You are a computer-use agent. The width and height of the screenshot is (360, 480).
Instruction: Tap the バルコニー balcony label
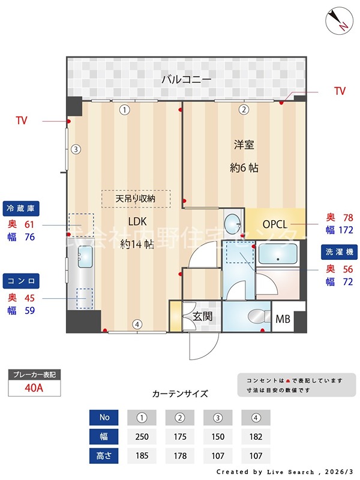(185, 80)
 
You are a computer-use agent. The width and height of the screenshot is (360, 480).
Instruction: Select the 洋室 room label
(244, 145)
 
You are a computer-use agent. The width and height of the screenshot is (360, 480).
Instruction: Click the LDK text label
(137, 221)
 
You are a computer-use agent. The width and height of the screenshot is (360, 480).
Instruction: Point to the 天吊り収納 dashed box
(136, 199)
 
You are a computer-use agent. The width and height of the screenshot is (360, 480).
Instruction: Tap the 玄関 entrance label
(202, 316)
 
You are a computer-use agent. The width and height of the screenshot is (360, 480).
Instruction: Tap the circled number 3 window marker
(75, 149)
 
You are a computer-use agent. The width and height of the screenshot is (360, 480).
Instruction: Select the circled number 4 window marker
(137, 325)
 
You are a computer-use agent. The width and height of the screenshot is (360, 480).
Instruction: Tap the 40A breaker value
(34, 388)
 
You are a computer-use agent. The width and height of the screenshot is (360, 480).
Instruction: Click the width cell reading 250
(142, 436)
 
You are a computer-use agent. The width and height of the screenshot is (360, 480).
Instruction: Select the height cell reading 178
(179, 455)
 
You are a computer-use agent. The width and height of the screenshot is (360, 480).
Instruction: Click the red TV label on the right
(340, 91)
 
